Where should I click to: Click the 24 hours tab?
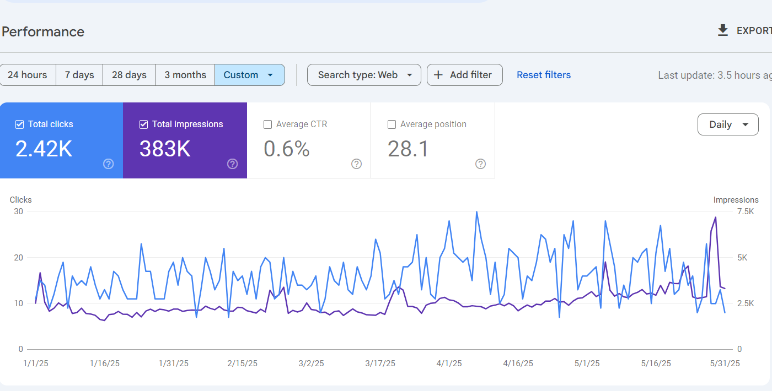28,75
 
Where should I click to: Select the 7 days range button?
79,75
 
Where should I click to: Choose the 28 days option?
129,75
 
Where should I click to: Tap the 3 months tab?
185,75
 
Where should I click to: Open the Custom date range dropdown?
249,75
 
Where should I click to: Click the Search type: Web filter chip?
364,75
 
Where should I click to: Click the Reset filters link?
544,75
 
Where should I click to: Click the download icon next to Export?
723,30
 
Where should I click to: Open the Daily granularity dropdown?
728,124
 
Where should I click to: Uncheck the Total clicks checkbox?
20,124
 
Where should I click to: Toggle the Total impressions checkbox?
144,124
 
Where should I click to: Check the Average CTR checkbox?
268,124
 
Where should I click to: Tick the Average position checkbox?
392,124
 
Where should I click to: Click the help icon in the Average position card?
481,164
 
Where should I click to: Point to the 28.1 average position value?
408,149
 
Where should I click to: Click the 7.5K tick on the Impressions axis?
745,211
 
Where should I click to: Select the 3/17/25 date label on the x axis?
380,363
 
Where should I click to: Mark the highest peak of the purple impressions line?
716,217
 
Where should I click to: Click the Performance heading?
43,31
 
